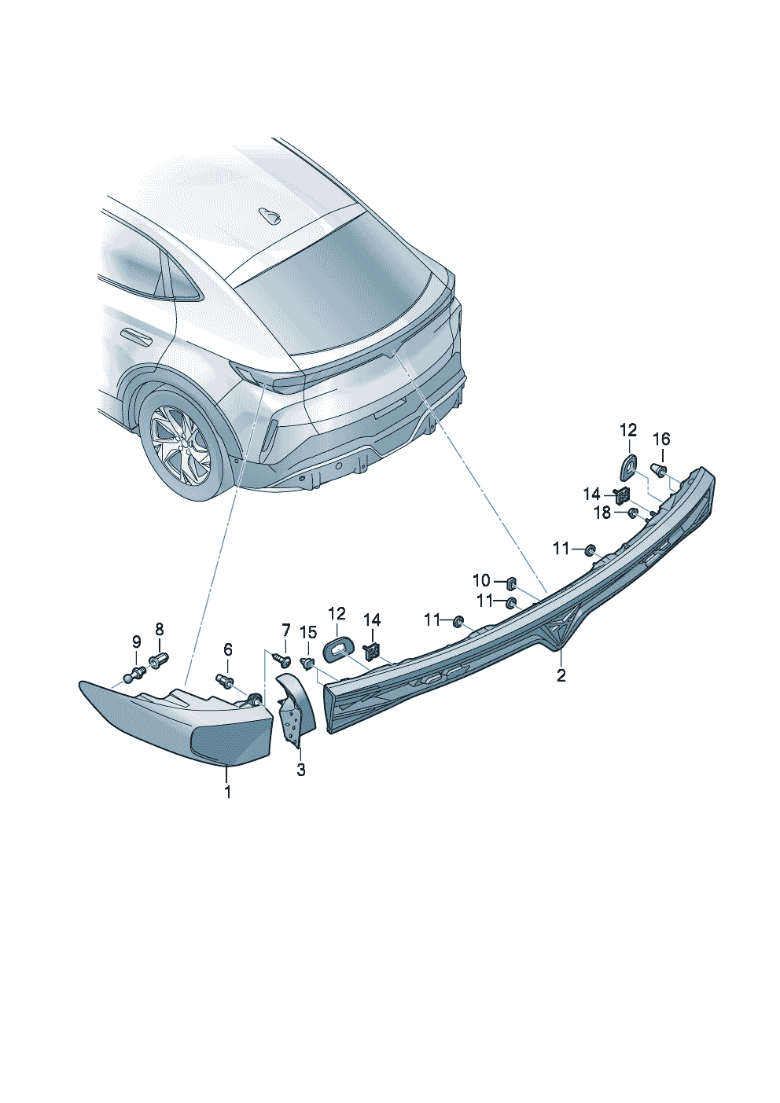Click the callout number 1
[228, 792]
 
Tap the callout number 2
[561, 675]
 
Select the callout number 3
[301, 770]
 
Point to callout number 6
[228, 649]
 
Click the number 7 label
[285, 630]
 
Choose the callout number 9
[136, 642]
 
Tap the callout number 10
[480, 580]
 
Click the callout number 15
[308, 631]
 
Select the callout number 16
[661, 439]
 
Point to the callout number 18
[602, 513]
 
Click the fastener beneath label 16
[659, 472]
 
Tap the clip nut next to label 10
[509, 583]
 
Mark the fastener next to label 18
[631, 514]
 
